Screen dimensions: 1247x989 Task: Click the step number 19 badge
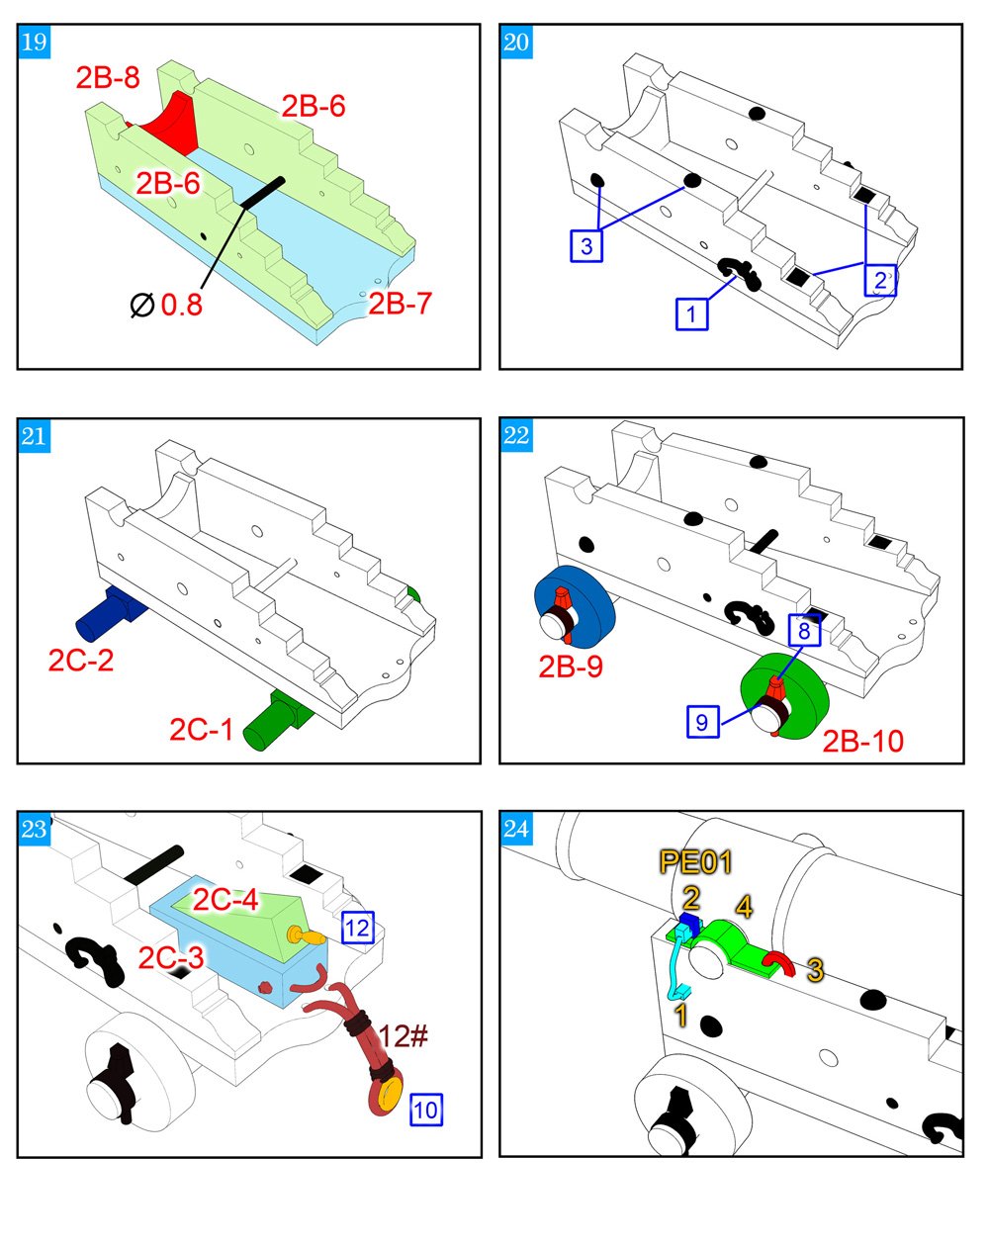34,43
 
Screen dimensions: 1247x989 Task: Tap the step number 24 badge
516,829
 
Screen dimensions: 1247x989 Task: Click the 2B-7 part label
400,304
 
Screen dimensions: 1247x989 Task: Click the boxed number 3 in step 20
586,245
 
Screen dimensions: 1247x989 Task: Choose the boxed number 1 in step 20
691,314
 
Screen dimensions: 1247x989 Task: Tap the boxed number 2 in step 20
879,280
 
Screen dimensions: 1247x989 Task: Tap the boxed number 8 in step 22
804,630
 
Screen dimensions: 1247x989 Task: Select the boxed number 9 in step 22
701,722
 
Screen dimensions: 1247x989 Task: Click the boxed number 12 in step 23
357,928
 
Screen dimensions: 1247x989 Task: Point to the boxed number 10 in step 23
425,1110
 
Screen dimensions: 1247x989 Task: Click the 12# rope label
403,1036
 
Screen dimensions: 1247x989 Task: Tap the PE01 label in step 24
695,862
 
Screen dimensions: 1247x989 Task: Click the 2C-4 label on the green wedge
225,900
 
